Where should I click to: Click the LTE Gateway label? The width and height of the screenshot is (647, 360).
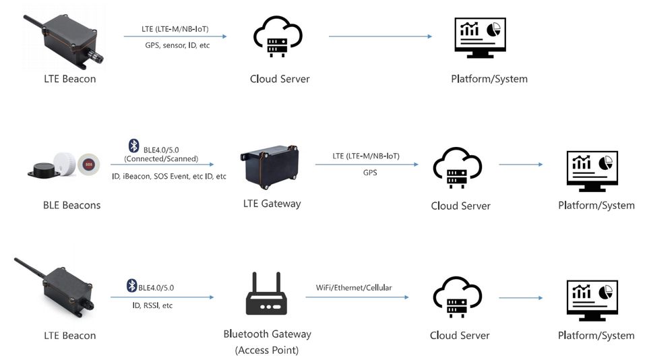(272, 204)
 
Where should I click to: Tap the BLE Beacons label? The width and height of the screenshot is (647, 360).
(71, 205)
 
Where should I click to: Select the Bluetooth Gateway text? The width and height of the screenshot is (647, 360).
(267, 334)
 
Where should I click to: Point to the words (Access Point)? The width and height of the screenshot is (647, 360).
(267, 350)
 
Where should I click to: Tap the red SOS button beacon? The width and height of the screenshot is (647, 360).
(88, 164)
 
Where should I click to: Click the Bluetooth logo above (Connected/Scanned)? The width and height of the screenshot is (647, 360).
(133, 146)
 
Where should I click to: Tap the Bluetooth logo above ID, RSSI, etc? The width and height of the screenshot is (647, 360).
(132, 287)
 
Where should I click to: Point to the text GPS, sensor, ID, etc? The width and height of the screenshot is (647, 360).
(177, 45)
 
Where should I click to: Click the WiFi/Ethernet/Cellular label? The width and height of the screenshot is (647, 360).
(354, 288)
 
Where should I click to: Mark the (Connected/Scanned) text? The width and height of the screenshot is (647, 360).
(161, 159)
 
